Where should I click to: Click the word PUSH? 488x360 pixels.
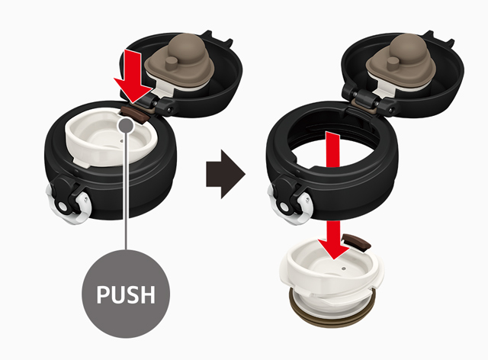(126, 294)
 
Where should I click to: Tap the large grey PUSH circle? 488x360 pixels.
(126, 294)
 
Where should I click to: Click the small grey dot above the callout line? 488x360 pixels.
(126, 126)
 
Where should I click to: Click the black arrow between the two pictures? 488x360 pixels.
(226, 174)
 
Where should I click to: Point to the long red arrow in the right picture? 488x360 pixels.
(333, 194)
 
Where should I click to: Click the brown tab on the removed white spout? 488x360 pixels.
(356, 242)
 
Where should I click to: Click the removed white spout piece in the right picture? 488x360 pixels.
(332, 277)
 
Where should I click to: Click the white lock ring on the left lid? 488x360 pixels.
(69, 205)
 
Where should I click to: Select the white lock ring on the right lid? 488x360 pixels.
(290, 205)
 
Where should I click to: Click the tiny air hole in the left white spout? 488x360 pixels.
(121, 141)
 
